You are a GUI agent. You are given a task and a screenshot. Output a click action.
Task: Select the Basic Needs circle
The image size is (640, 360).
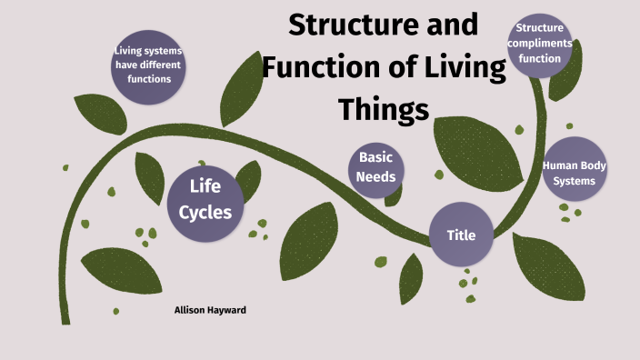[x=375, y=167]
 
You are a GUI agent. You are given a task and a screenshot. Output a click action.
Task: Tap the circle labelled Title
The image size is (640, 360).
[x=461, y=235]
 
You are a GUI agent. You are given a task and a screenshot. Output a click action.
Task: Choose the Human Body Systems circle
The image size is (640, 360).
[x=574, y=173]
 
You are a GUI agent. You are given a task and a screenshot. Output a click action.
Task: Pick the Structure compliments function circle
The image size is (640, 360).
[x=540, y=44]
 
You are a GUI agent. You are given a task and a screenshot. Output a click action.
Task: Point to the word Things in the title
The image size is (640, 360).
[x=383, y=109]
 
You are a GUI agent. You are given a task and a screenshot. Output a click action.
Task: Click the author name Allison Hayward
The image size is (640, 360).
[x=209, y=310]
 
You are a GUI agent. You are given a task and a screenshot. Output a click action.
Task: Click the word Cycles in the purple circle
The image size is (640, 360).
[x=205, y=213]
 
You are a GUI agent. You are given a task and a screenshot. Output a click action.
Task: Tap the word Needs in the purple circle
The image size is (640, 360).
[x=375, y=176]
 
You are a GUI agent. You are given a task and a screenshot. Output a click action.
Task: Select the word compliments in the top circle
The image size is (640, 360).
[x=540, y=44]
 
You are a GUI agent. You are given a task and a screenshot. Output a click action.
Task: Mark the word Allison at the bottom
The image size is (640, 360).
[x=191, y=310]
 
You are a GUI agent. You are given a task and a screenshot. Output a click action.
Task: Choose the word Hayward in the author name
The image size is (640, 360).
[x=228, y=310]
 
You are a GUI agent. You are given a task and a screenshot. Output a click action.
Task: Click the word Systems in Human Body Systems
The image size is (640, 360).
[x=575, y=180]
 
